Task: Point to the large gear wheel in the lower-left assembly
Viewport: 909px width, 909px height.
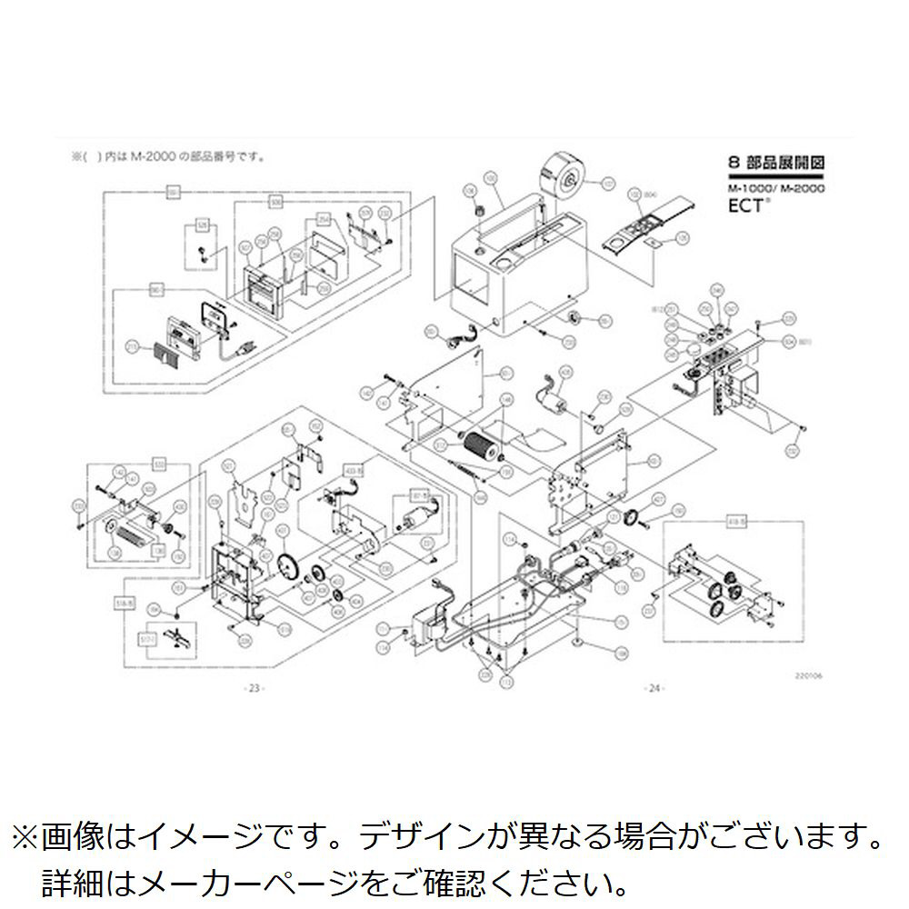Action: pos(290,566)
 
